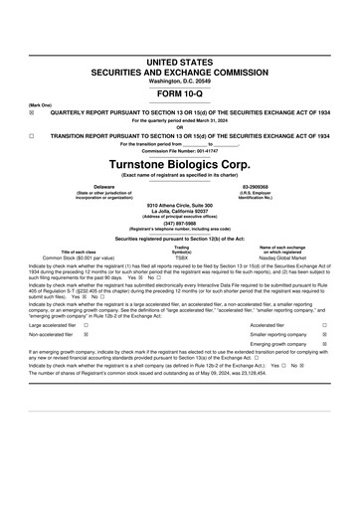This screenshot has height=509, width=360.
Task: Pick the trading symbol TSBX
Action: coord(181,256)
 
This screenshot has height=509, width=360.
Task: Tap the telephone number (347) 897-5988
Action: coord(180,224)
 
